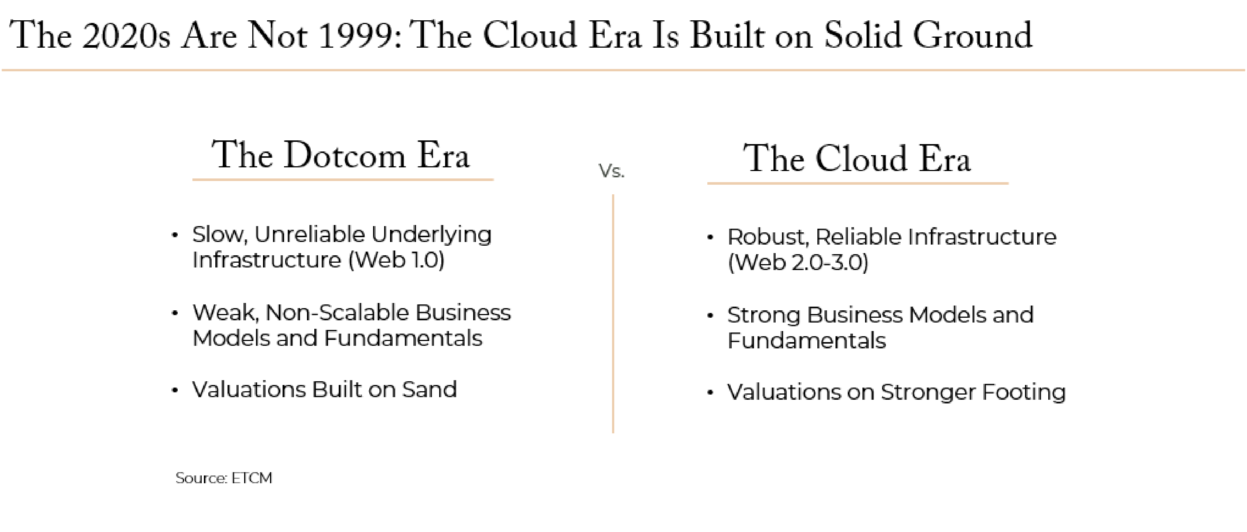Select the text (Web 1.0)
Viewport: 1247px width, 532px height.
click(x=396, y=260)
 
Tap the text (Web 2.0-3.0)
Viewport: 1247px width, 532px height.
click(x=798, y=263)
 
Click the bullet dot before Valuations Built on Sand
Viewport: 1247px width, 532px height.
click(x=175, y=390)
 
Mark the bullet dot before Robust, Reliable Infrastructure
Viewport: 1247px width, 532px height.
click(x=710, y=237)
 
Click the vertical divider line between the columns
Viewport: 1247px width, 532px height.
click(x=613, y=314)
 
